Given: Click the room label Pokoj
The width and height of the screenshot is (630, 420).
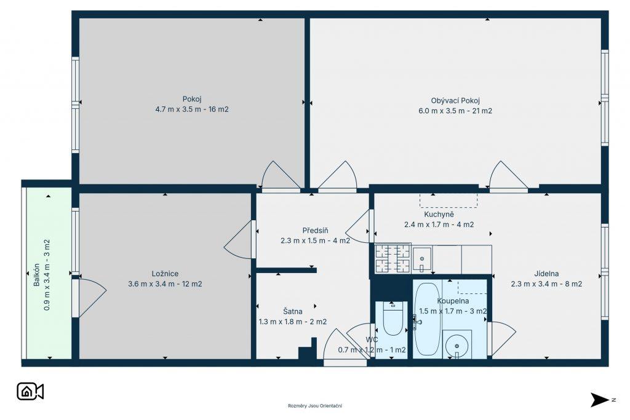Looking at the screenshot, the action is [x=192, y=99].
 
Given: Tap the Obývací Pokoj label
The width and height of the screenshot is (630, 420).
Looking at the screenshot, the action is [x=455, y=100].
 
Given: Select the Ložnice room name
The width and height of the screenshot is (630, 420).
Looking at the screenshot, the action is [x=165, y=274].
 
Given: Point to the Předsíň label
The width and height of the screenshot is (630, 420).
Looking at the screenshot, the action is [x=315, y=231].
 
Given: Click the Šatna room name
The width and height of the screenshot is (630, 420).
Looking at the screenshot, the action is [x=292, y=311].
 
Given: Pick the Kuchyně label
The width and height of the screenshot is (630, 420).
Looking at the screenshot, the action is [x=439, y=215].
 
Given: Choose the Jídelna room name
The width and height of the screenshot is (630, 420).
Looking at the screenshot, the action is [x=546, y=274].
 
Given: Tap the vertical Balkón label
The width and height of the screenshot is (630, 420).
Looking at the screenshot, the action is [x=36, y=275].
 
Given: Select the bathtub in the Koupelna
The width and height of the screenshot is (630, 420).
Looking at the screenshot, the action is [x=427, y=319].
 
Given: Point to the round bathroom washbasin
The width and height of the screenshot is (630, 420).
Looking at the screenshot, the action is [x=457, y=346].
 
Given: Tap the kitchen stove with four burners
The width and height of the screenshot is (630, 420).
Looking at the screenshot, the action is [x=393, y=259].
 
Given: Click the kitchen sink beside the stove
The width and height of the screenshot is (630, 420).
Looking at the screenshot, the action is [x=422, y=259].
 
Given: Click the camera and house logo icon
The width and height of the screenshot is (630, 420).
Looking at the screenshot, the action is [x=30, y=392].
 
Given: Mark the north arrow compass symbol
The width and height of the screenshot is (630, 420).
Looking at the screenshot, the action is [x=600, y=400].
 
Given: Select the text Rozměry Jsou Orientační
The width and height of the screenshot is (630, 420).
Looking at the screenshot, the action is [x=314, y=406].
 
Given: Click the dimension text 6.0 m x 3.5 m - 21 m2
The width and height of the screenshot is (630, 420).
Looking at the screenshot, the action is [x=455, y=111].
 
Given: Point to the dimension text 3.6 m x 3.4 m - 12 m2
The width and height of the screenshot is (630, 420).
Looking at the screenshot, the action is [x=165, y=284].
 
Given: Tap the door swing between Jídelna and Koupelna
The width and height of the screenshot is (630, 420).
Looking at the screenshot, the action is [x=502, y=339].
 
